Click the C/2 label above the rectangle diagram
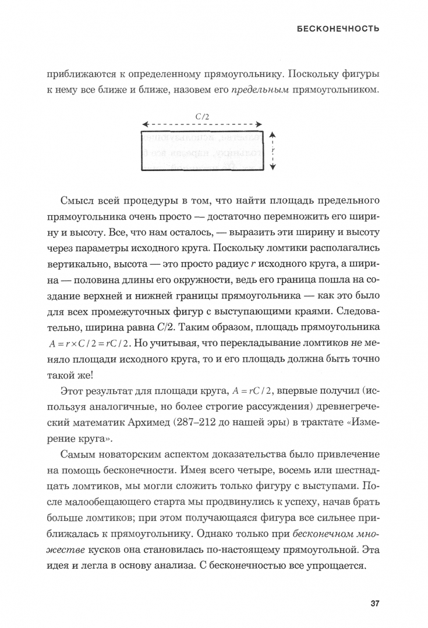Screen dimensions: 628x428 click(203, 116)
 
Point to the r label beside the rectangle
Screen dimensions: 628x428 click(273, 149)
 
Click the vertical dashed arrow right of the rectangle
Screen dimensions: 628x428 click(274, 149)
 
